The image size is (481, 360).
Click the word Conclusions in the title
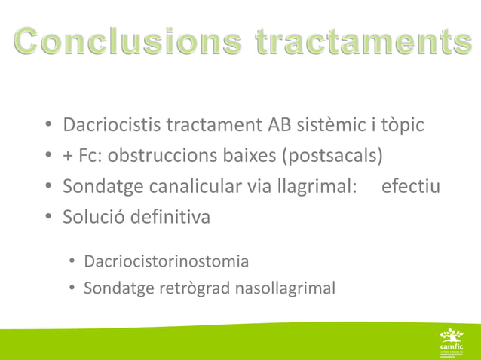pyautogui.click(x=124, y=42)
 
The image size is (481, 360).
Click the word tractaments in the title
pyautogui.click(x=359, y=42)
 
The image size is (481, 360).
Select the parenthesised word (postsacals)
pyautogui.click(x=334, y=157)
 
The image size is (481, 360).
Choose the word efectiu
pyautogui.click(x=411, y=187)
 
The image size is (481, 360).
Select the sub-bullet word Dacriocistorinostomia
pyautogui.click(x=166, y=262)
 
